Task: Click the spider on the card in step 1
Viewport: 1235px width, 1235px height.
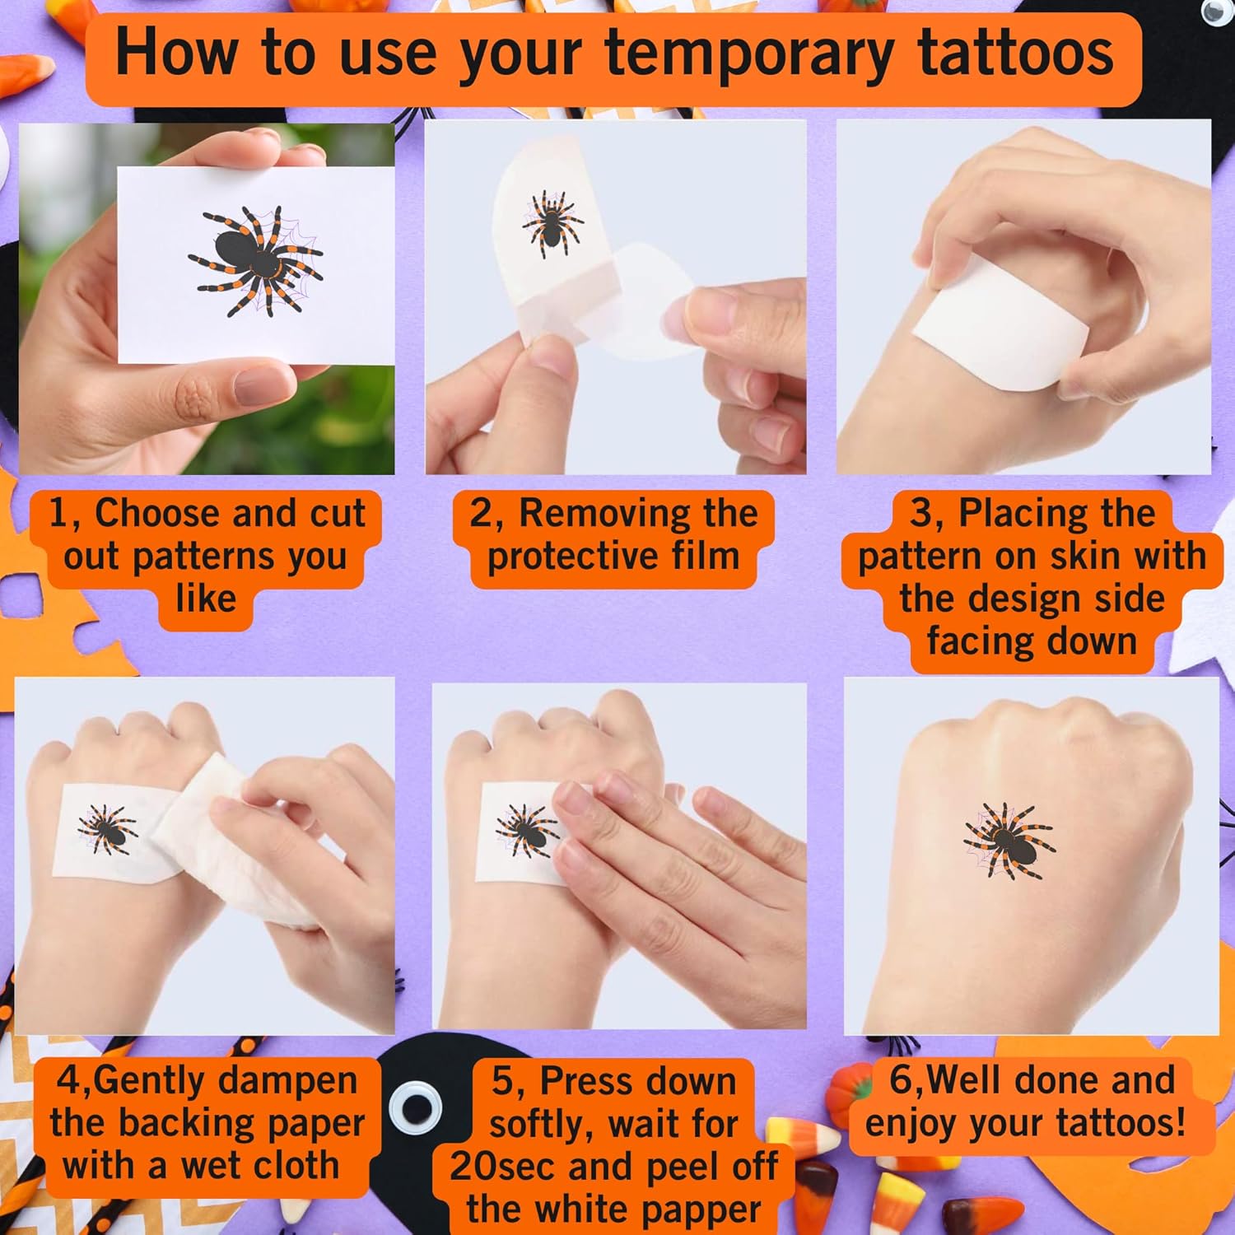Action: point(255,260)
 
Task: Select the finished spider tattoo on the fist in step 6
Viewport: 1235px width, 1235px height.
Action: point(1009,839)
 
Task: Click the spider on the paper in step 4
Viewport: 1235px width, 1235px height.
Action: point(108,828)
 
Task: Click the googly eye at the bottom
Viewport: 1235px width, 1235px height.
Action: point(415,1104)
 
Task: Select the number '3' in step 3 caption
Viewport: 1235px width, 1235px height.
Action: point(920,514)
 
